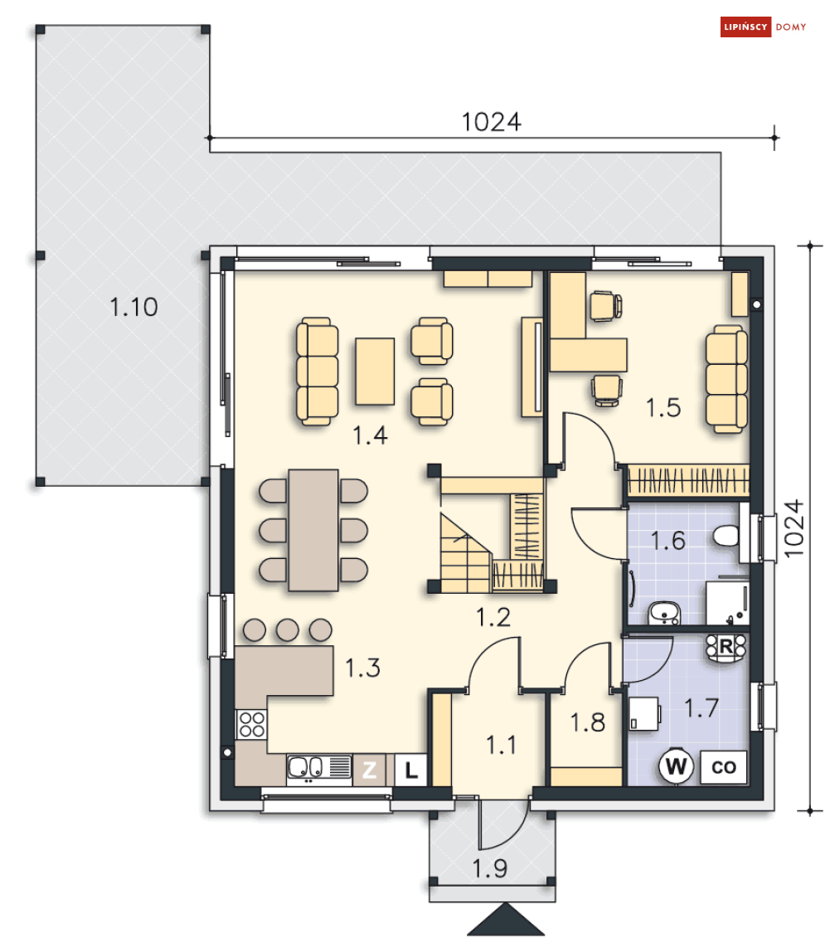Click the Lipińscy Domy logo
coord(763,27)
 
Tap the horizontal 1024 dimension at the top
coord(491,122)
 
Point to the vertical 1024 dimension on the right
coord(793,528)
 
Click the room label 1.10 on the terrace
coord(133,307)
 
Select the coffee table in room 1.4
coord(375,372)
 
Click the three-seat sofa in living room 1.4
coord(317,372)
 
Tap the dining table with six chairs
coord(313,530)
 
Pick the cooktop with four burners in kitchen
coord(251,724)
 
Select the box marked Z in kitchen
coord(370,770)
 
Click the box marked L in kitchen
coord(411,770)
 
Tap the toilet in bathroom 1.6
coord(726,536)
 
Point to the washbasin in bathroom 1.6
coord(665,613)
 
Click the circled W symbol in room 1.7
coord(677,766)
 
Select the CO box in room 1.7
coord(723,767)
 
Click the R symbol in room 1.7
coord(726,647)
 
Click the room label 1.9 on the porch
coord(490,868)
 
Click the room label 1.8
coord(588,722)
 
